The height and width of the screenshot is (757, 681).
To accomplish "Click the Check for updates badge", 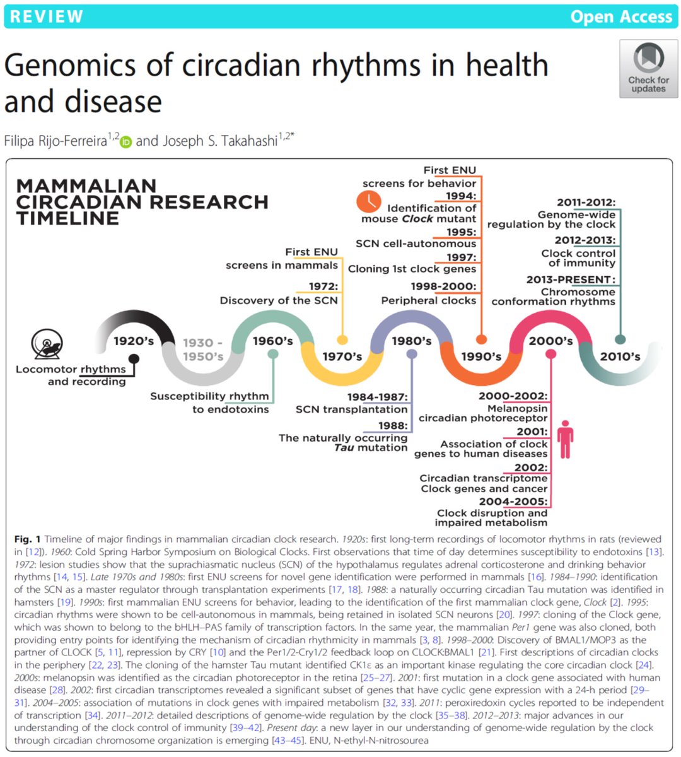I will coord(648,68).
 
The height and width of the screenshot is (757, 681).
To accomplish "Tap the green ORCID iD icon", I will coord(126,142).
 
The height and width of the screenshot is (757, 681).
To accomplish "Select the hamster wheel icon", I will coord(49,344).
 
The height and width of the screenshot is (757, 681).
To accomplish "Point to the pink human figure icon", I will coord(566,439).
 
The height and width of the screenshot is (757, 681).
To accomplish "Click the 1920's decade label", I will coord(134,341).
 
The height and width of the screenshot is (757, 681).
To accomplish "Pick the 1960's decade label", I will coord(273,341).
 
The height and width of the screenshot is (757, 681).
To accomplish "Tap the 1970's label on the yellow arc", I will coord(342,356).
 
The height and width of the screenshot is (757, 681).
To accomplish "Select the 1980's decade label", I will coord(412,341).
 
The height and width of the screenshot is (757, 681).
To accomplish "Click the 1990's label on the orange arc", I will coord(481,356).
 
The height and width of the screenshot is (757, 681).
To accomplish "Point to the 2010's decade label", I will coord(620,356).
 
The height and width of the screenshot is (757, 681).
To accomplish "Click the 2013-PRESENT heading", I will coord(571,279).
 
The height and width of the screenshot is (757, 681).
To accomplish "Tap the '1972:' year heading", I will coord(323,286).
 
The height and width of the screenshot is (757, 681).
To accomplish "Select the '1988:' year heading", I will coord(392,426).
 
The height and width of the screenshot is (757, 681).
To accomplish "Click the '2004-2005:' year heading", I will coord(513,502).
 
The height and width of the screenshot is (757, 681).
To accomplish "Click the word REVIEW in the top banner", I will coord(47,16).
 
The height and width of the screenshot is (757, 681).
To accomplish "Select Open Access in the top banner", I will coord(620,16).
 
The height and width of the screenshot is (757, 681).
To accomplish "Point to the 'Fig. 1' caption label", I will coord(27,539).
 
